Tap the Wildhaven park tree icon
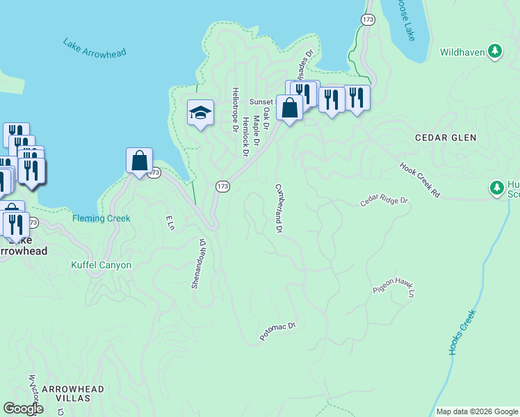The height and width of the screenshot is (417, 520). point(495,51)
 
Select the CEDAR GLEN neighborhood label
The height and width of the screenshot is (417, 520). point(445,138)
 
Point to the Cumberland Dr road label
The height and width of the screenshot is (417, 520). point(279,207)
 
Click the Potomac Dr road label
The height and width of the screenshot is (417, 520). point(278,331)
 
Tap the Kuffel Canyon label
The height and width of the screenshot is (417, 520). point(101,265)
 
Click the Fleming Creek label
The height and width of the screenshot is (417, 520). point(101,218)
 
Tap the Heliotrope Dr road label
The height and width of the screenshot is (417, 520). point(235,110)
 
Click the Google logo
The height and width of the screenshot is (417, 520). point(24,409)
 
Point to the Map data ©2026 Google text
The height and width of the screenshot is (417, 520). point(476,411)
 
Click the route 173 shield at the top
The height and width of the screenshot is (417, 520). point(368,19)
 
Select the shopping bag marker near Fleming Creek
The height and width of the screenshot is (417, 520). point(140,161)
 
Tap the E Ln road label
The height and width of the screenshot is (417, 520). point(168,222)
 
